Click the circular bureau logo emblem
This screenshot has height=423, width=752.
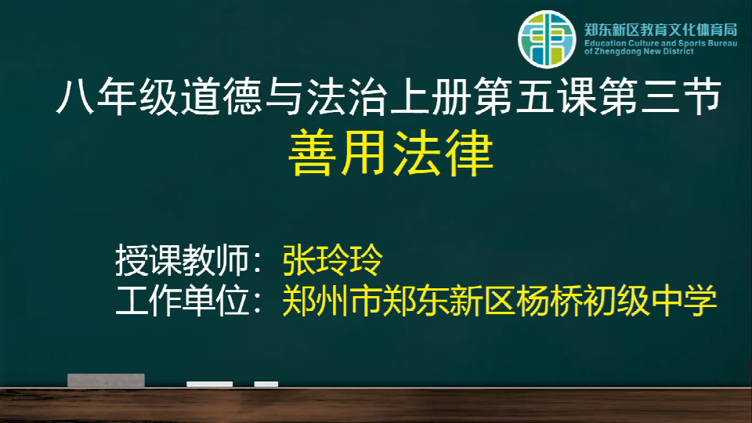[547, 39]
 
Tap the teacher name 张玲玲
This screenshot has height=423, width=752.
[333, 260]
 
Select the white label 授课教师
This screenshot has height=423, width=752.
[182, 260]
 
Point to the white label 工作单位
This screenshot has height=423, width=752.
[182, 301]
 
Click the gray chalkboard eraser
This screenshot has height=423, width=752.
[106, 380]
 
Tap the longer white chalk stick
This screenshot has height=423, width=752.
[210, 384]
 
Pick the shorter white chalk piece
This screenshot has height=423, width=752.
[266, 384]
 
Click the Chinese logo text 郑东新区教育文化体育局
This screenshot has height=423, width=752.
[661, 30]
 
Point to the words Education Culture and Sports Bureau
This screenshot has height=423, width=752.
[661, 43]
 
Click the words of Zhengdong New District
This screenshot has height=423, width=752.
[639, 52]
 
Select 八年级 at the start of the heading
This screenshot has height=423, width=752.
[117, 96]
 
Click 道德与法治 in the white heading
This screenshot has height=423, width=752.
[284, 96]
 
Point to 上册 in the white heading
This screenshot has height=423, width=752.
[431, 96]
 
